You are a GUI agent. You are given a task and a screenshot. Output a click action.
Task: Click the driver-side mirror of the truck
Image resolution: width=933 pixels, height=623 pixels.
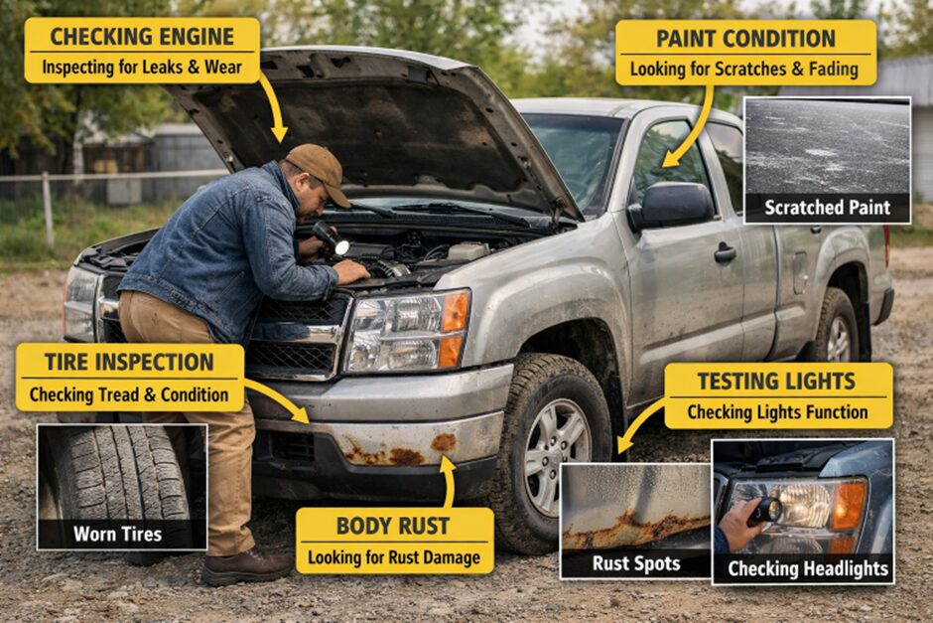tap(671, 206)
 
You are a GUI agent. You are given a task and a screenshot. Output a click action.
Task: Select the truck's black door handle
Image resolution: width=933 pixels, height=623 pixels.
tap(725, 253)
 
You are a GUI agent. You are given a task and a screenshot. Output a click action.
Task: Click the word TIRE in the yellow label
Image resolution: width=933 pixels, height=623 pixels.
tap(67, 362)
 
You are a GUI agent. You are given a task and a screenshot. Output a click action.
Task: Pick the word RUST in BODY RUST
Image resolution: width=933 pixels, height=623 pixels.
tap(423, 526)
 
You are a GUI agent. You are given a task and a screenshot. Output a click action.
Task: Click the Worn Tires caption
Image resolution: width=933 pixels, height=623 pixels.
tap(118, 534)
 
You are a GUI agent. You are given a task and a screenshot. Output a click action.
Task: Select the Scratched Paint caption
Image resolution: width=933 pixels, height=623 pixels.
tap(827, 208)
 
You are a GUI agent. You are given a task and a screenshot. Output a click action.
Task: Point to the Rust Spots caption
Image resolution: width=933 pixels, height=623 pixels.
tap(636, 563)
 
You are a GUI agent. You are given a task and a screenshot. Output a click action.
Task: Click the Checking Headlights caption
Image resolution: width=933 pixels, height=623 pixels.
tap(808, 568)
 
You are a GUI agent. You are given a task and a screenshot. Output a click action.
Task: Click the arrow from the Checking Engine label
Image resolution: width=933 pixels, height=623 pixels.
tap(273, 108)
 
